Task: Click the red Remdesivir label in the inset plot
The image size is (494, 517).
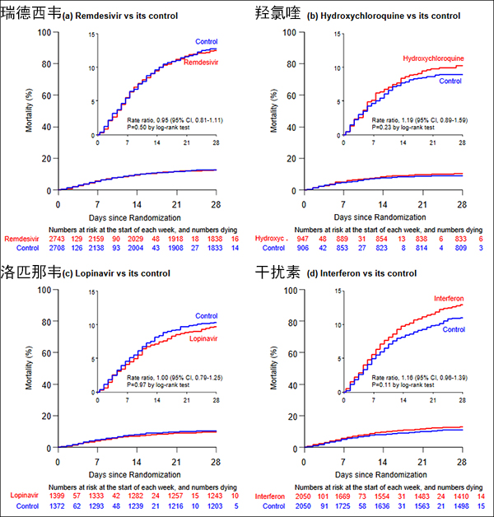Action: [x=200, y=63]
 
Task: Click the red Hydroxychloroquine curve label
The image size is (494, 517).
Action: [x=433, y=58]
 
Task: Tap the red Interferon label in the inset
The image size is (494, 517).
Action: [x=445, y=297]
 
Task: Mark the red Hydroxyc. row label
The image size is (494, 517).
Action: [x=273, y=238]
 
